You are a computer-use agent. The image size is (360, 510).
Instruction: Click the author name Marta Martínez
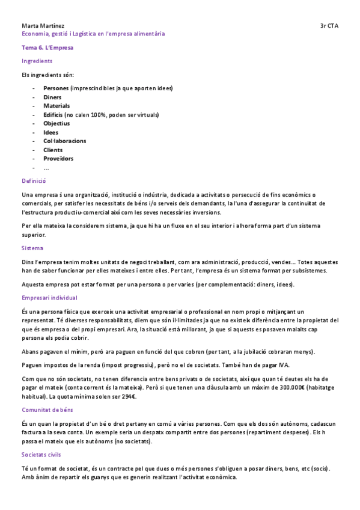[x=43, y=26]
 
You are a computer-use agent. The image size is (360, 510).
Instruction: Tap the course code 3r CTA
[x=329, y=26]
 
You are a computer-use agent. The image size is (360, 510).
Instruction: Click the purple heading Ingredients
[x=37, y=61]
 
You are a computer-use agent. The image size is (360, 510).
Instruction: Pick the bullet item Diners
[x=52, y=97]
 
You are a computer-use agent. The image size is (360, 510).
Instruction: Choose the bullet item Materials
[x=56, y=106]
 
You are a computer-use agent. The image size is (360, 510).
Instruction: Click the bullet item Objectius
[x=56, y=123]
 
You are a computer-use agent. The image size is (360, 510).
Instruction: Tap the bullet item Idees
[x=51, y=132]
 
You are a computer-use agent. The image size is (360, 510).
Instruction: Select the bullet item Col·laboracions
[x=64, y=141]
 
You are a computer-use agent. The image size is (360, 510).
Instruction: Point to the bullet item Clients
[x=53, y=150]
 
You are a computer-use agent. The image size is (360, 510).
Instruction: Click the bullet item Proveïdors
[x=58, y=159]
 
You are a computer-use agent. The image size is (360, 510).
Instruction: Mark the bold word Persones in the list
[x=56, y=88]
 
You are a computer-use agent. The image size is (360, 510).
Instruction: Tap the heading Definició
[x=34, y=180]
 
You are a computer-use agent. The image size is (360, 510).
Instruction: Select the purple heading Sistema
[x=32, y=248]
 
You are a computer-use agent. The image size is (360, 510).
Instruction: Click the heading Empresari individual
[x=49, y=298]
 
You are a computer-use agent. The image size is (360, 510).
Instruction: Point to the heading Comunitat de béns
[x=47, y=410]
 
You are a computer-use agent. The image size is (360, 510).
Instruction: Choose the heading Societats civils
[x=41, y=455]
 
